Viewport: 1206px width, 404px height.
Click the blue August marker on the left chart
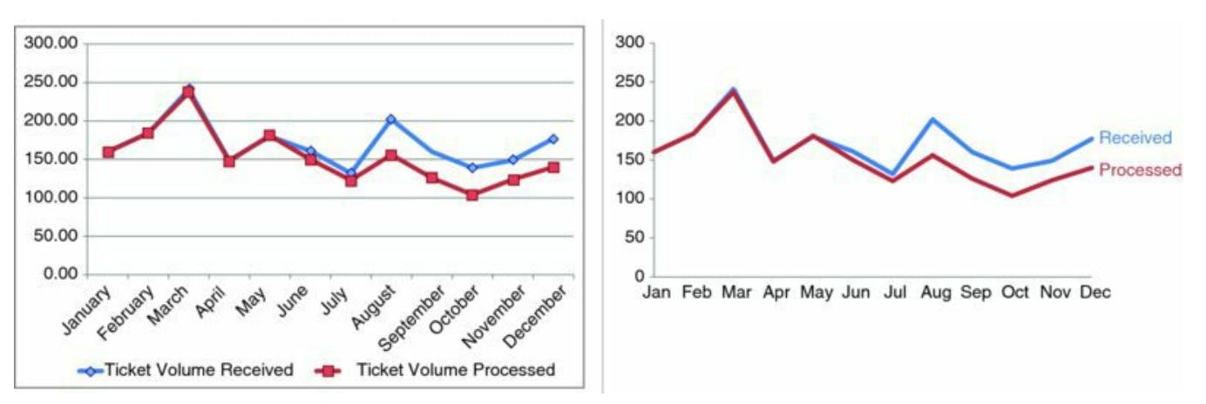click(390, 119)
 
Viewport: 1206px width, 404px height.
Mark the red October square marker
click(472, 195)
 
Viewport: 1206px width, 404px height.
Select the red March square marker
click(188, 91)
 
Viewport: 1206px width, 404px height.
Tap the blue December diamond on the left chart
click(552, 139)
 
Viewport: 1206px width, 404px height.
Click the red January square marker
click(108, 152)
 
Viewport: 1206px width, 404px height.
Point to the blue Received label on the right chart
click(1135, 138)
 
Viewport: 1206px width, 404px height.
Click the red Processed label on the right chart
click(1140, 171)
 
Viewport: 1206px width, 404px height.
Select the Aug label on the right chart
click(935, 293)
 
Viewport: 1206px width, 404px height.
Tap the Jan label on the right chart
click(656, 293)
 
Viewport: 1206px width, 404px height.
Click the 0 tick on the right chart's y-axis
click(637, 276)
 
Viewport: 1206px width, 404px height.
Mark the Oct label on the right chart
click(1015, 293)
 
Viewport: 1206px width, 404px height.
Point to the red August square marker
click(390, 156)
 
